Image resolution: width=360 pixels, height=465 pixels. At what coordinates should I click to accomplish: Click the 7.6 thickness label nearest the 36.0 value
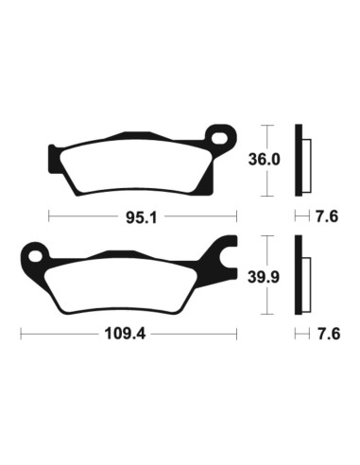tap(327, 216)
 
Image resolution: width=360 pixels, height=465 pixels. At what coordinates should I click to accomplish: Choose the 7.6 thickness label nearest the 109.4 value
tap(327, 334)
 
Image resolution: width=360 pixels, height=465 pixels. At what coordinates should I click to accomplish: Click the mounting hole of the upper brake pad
tap(222, 136)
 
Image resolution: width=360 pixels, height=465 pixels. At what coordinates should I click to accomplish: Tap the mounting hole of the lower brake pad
tap(36, 253)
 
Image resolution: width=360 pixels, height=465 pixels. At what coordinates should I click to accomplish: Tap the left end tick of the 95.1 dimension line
tap(48, 216)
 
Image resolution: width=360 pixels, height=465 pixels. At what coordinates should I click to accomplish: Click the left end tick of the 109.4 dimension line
tap(22, 334)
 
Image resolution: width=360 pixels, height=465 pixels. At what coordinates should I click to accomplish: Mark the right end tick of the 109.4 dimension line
tap(238, 334)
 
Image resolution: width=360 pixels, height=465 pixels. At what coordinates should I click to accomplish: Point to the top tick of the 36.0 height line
tap(271, 125)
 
